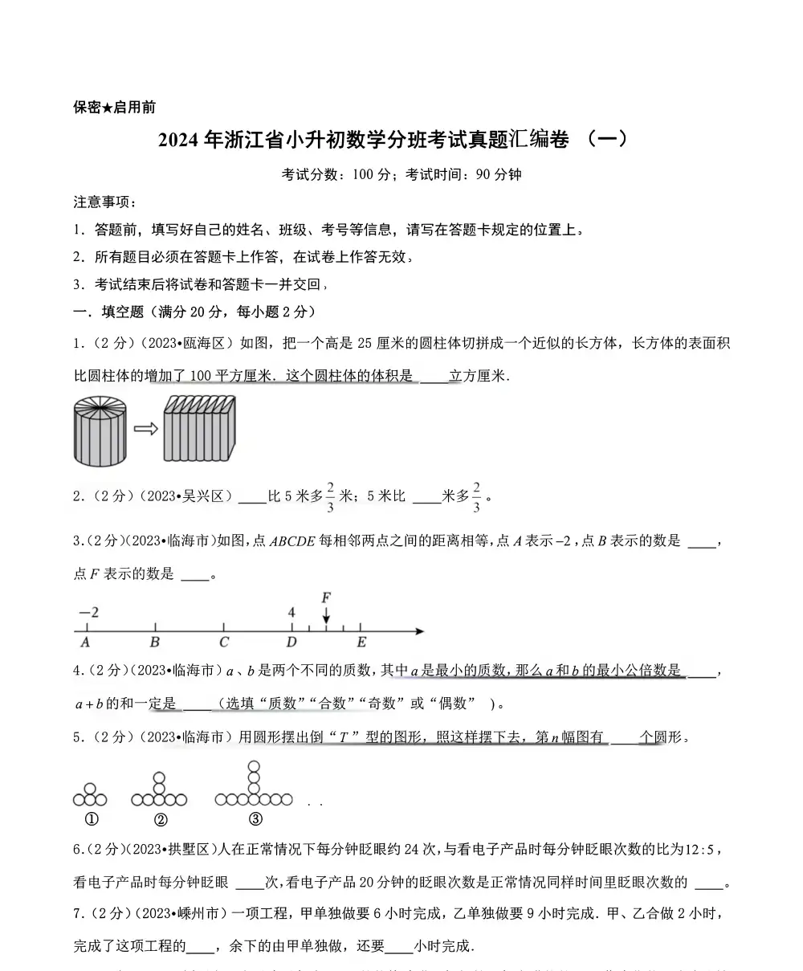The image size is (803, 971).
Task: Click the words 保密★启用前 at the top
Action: [x=114, y=107]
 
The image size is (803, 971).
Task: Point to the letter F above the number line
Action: [x=325, y=598]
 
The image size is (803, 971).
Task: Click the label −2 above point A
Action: [x=88, y=613]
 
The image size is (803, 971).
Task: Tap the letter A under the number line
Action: [x=85, y=643]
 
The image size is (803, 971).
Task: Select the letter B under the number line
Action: [x=155, y=643]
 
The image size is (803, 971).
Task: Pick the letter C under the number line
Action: [x=224, y=643]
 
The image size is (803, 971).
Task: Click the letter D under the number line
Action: [x=291, y=643]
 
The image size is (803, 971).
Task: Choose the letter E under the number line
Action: [x=361, y=643]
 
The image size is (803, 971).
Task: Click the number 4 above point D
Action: [x=291, y=613]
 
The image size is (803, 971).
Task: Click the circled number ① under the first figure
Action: [x=91, y=820]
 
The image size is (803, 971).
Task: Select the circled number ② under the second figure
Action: [x=160, y=820]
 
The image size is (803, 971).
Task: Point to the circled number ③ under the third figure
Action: [x=255, y=820]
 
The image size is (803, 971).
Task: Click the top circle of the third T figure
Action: [x=254, y=767]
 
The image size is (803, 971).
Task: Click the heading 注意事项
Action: [x=104, y=202]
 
